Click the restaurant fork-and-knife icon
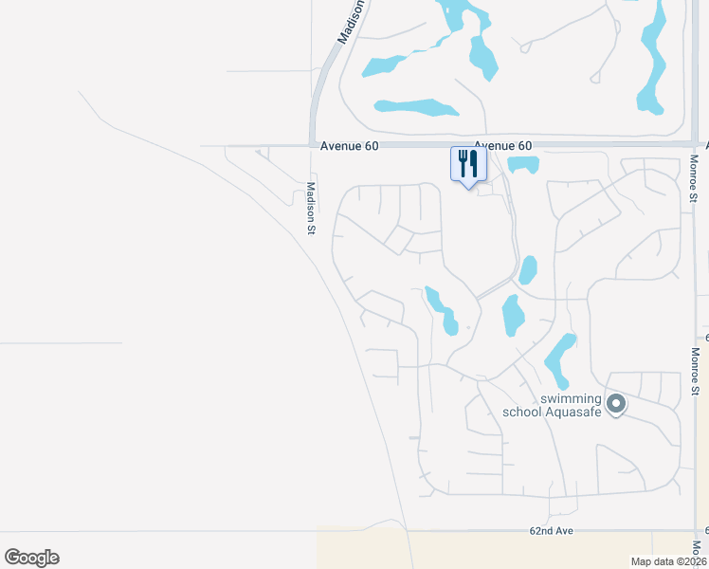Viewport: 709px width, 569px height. [467, 164]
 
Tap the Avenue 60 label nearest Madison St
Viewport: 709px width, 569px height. [349, 145]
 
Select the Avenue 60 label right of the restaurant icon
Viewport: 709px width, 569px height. [502, 145]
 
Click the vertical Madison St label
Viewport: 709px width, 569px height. [310, 208]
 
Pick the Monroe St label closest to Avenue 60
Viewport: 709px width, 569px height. [695, 178]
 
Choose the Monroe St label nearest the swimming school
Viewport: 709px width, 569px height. [695, 371]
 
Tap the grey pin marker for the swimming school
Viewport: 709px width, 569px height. [616, 405]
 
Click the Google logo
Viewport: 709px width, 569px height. [31, 558]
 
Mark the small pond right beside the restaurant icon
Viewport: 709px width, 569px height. [523, 164]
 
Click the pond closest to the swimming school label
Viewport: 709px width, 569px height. [560, 358]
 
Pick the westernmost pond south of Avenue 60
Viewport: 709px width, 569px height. [441, 309]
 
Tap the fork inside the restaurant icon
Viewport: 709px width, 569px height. [463, 162]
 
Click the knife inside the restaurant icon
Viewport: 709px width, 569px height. [473, 162]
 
